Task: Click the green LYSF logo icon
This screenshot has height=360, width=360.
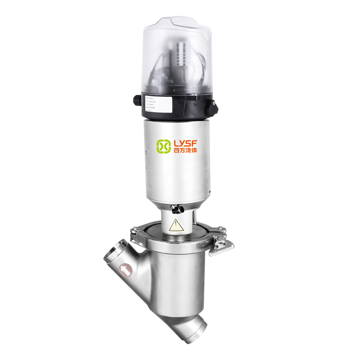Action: tap(163, 146)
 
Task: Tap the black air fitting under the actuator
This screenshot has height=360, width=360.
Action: tap(176, 209)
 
